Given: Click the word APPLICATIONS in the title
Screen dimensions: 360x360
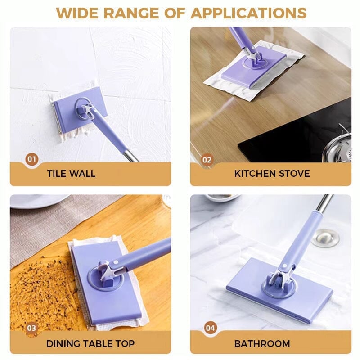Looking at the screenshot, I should point(248,13).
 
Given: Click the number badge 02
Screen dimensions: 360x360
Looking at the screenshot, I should point(207,159).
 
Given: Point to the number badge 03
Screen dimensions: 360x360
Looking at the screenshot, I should point(31,328).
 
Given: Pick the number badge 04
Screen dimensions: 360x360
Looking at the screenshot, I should point(210,328).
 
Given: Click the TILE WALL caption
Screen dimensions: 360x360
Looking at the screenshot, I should point(71,174).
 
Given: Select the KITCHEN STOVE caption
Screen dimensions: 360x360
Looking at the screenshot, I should point(272,174).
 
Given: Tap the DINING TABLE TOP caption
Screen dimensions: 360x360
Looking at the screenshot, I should point(90,344).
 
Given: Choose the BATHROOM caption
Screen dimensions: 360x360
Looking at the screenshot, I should point(262,344).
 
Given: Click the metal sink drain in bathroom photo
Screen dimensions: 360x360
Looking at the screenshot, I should point(325,237).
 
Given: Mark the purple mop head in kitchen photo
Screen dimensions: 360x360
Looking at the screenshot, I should point(254,70).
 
